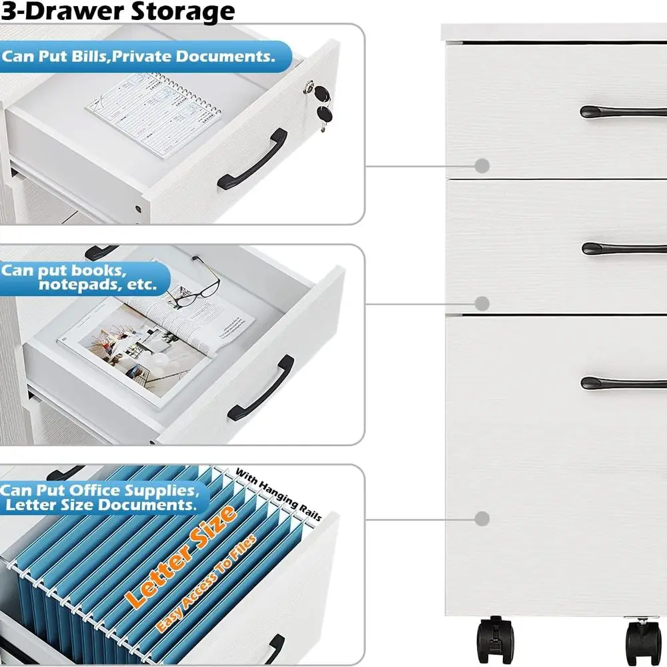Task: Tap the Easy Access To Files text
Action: click(207, 584)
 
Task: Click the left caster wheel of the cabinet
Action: click(496, 640)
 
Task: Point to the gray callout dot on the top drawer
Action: click(482, 165)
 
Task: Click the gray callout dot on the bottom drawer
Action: click(482, 518)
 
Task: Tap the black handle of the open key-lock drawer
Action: click(252, 159)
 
